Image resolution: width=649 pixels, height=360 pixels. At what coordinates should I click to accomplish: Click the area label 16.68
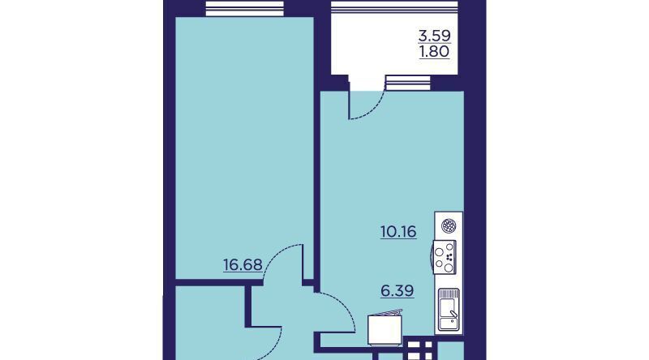point(243,264)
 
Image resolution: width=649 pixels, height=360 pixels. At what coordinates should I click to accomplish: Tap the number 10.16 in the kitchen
point(398,231)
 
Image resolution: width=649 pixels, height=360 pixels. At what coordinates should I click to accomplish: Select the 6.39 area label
point(398,291)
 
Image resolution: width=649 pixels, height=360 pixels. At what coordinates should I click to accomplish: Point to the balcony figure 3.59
point(434,36)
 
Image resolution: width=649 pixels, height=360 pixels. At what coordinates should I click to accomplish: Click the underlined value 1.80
point(434,52)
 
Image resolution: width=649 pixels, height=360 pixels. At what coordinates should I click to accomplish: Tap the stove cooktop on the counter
point(445,257)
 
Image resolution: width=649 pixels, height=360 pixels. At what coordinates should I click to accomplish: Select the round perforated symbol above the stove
point(449,226)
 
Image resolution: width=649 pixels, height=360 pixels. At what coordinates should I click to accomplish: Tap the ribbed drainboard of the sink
point(449,294)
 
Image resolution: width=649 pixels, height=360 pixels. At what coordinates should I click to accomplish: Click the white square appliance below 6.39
point(385,329)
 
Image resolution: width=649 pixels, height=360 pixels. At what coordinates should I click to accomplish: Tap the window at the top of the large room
point(245,8)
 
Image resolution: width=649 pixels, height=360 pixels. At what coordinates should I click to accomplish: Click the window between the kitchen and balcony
point(408,83)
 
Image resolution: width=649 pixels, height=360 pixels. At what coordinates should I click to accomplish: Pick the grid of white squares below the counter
point(420,349)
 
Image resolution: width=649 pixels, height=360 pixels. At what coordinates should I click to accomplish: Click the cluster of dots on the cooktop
point(450,257)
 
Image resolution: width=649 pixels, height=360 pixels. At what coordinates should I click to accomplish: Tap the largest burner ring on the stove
point(449,268)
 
